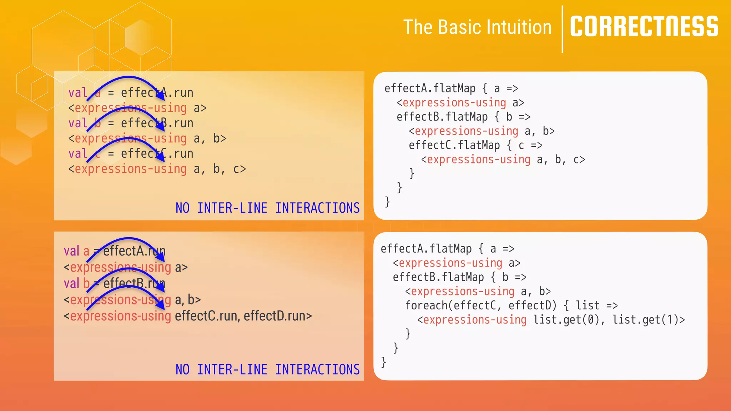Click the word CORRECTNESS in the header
(x=644, y=27)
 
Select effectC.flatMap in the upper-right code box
(x=454, y=145)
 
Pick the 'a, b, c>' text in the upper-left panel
(x=220, y=169)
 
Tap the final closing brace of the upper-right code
(x=387, y=202)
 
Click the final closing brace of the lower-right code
(x=384, y=362)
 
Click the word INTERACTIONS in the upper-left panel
(x=317, y=208)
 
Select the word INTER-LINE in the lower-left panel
(x=232, y=370)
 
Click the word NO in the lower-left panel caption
(x=182, y=370)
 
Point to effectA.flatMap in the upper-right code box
(x=430, y=88)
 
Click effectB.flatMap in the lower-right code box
(x=438, y=277)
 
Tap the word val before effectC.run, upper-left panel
(x=78, y=154)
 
